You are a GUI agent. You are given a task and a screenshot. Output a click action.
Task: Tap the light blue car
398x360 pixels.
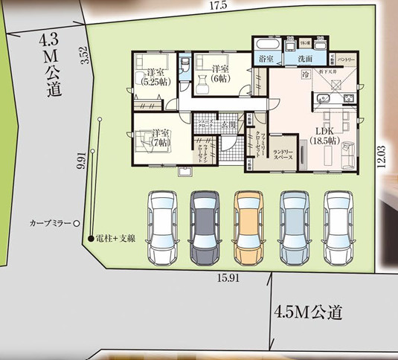click(295, 228)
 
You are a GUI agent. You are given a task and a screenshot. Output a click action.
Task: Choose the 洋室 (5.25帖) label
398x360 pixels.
click(155, 77)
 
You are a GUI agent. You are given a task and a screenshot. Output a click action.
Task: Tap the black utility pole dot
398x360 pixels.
click(92, 239)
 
